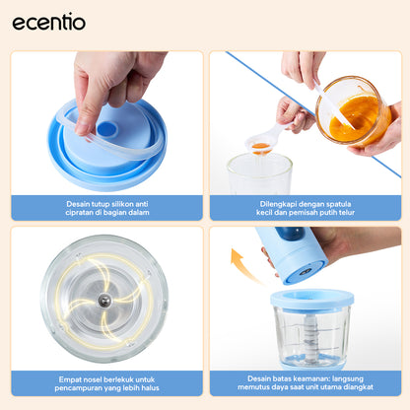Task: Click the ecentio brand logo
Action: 49,22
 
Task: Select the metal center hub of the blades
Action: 103,301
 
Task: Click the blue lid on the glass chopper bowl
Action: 311,298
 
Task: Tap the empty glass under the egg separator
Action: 259,175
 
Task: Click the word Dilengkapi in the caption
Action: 257,204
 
